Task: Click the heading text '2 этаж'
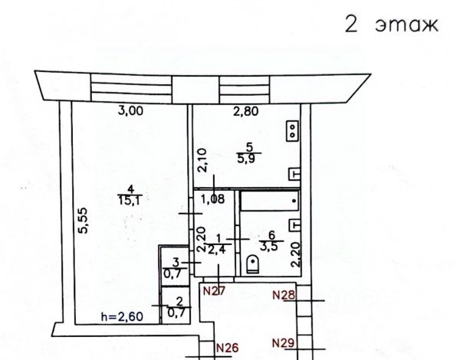(x=390, y=25)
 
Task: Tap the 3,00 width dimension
(x=130, y=111)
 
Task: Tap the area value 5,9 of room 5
(x=248, y=159)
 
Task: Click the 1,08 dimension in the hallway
(x=213, y=200)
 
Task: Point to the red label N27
(x=213, y=291)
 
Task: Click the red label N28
(x=285, y=294)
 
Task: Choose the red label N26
(x=228, y=348)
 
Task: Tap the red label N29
(x=285, y=342)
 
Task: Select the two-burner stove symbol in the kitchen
(x=292, y=131)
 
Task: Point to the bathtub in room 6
(x=268, y=201)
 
